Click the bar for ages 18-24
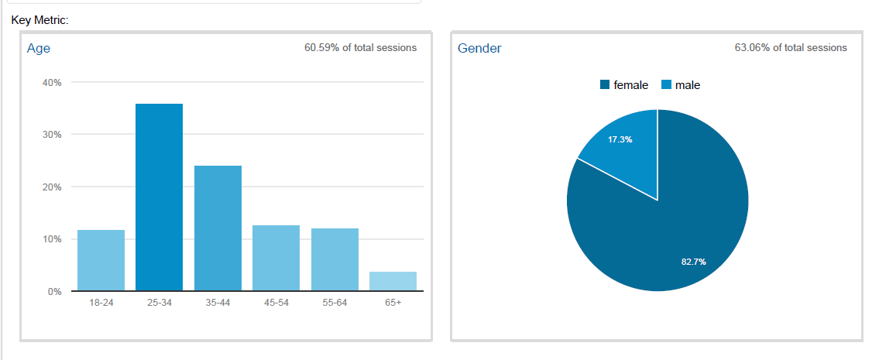coord(101,261)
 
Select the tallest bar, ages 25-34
coord(159,198)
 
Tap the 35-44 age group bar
coord(218,229)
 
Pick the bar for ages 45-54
coord(276,259)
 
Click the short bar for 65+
coord(393,282)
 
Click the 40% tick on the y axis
coord(51,82)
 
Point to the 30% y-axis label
coord(51,135)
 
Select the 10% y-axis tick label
coord(51,239)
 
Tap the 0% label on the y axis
coord(53,292)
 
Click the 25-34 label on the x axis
coord(159,303)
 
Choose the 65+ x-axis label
coord(393,303)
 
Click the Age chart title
coord(39,48)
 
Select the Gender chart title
coord(479,48)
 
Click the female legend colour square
coord(605,85)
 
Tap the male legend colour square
coord(666,85)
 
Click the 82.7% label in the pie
coord(693,262)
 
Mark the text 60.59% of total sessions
coord(360,48)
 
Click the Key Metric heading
coord(40,19)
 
